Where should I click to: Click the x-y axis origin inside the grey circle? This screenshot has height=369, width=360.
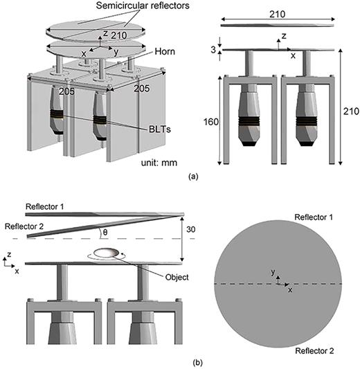point(279,283)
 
